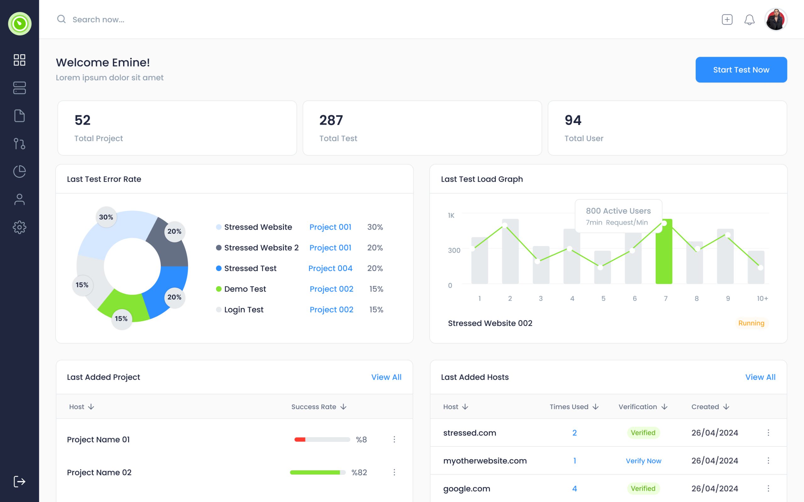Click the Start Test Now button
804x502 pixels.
click(741, 70)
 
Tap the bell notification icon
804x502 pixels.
click(749, 19)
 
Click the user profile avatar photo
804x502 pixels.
click(775, 19)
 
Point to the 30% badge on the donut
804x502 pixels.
click(106, 217)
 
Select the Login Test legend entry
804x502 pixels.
click(243, 309)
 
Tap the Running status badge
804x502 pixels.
click(751, 323)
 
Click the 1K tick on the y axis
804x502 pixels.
click(451, 216)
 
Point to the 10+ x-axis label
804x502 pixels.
click(762, 298)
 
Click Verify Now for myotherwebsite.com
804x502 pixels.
click(643, 461)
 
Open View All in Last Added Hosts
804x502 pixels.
click(760, 377)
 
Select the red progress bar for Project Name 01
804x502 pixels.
click(300, 440)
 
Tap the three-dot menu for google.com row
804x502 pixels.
click(768, 489)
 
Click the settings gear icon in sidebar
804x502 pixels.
click(19, 227)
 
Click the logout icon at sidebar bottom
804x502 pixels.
click(19, 481)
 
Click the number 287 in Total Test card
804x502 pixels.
click(331, 120)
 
